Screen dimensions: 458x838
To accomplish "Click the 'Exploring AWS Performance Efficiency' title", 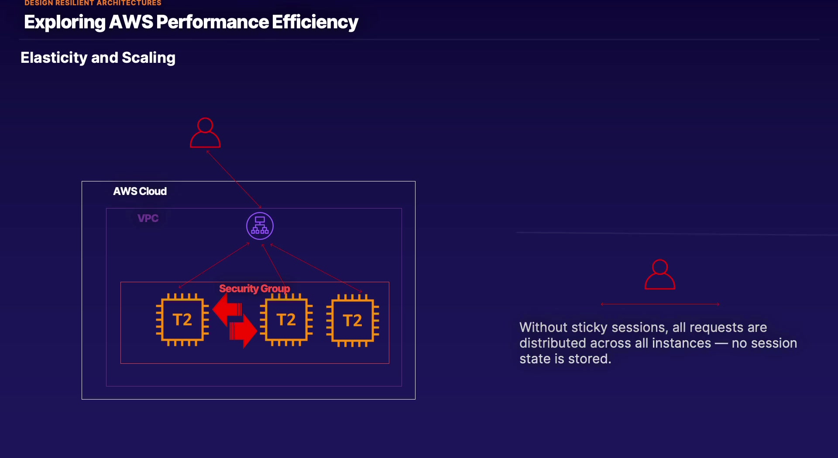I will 191,22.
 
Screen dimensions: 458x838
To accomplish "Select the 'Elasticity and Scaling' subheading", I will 98,58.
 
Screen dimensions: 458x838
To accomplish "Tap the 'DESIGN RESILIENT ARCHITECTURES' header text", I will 93,3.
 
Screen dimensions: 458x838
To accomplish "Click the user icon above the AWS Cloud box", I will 205,133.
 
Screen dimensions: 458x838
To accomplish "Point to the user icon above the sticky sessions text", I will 659,275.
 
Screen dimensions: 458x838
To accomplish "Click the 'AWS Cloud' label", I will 140,191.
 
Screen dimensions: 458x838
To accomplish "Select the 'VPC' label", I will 148,218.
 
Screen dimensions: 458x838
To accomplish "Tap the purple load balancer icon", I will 260,226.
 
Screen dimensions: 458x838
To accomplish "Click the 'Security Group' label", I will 254,288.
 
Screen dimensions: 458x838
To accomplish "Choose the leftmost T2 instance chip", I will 182,320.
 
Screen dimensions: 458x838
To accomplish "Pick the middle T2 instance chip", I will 286,320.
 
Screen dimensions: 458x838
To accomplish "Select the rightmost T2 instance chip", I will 353,321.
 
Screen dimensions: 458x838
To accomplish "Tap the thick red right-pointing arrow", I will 244,331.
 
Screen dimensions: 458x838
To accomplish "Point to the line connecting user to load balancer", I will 234,178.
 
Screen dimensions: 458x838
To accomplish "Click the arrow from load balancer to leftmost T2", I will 214,265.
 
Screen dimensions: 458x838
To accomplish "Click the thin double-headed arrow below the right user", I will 659,304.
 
